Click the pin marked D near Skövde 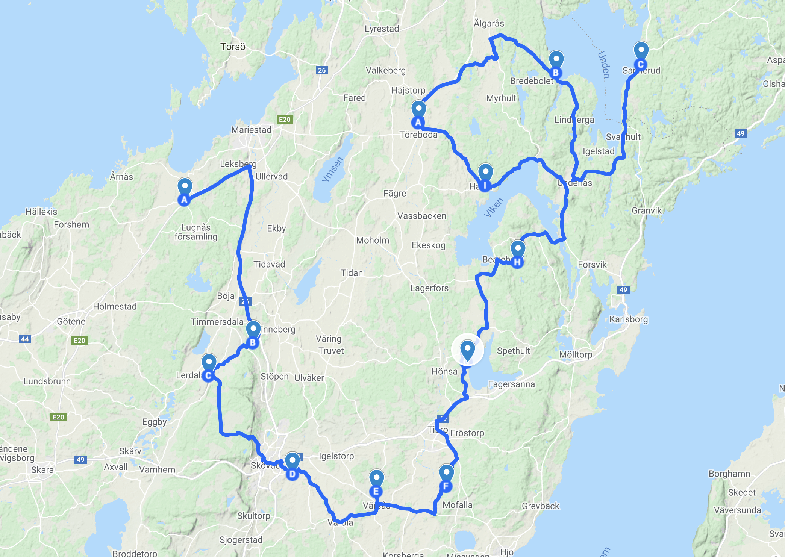(x=292, y=466)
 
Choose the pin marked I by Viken (x=485, y=177)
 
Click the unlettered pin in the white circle (x=467, y=350)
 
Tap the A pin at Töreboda (x=418, y=114)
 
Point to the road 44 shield (x=25, y=339)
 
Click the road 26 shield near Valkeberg (x=322, y=70)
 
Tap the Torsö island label (x=233, y=47)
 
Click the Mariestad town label (x=251, y=130)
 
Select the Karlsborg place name (x=629, y=319)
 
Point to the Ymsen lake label (x=333, y=169)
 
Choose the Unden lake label (x=604, y=65)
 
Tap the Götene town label (x=71, y=321)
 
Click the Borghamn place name (x=729, y=474)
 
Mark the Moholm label (x=373, y=240)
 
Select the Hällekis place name (x=41, y=212)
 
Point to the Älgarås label (x=489, y=23)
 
